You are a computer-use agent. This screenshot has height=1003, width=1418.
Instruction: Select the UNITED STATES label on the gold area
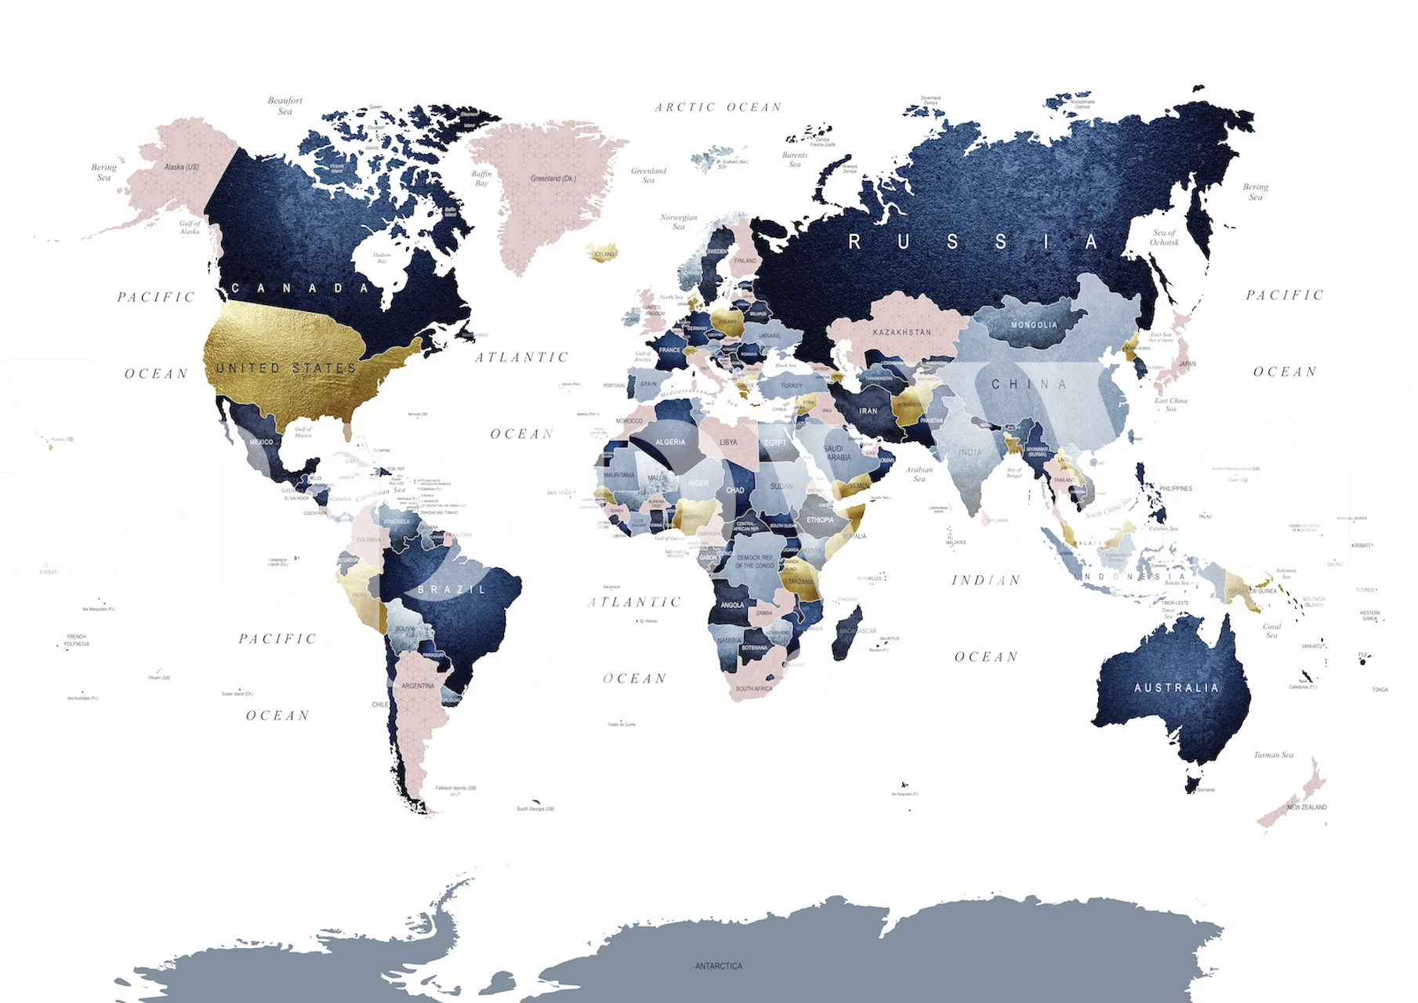point(286,368)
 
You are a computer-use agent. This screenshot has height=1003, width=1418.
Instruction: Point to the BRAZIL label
point(452,589)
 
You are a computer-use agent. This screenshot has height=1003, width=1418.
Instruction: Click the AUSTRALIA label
point(1177,688)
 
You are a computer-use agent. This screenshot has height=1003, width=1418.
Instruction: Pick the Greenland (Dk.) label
point(553,179)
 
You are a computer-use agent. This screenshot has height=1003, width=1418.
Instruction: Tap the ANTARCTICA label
point(718,966)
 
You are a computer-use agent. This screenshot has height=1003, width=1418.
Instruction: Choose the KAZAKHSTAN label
point(902,332)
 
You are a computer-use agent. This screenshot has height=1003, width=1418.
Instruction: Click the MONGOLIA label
point(1034,325)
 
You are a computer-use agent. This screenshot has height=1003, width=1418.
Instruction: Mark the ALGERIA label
point(670,442)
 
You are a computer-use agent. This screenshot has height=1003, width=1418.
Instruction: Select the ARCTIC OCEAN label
point(718,107)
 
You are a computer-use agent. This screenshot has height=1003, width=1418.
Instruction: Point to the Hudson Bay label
point(382,258)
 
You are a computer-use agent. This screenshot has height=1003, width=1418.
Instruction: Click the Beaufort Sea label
point(285,106)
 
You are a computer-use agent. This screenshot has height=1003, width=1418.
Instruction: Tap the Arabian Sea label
point(919,474)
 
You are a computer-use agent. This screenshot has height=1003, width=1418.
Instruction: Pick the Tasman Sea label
point(1274,755)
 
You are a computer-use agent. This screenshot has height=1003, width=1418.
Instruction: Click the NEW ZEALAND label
point(1307,807)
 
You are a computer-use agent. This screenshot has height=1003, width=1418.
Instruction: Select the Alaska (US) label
point(182,167)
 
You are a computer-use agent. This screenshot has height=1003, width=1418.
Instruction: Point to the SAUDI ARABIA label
point(838,453)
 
